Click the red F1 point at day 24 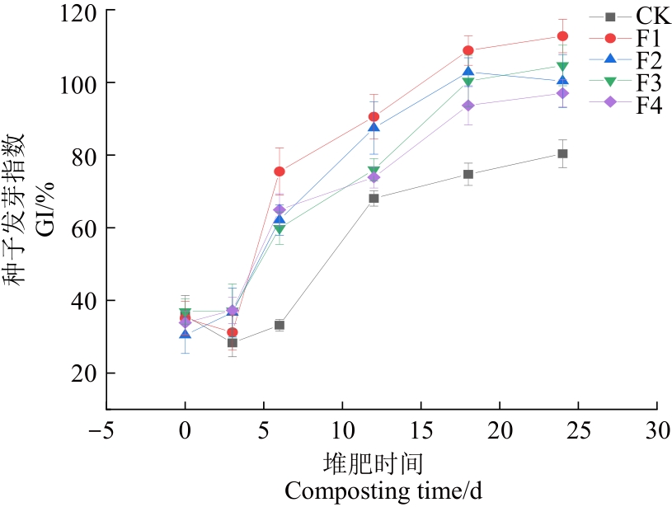562,36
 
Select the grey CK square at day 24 562,154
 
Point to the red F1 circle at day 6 280,171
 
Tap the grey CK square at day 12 374,199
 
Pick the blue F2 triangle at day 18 468,72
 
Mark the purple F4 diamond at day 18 468,106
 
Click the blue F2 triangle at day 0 186,334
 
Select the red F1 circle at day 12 374,117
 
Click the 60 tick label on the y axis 84,228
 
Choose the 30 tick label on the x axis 657,432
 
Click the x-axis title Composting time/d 383,491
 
